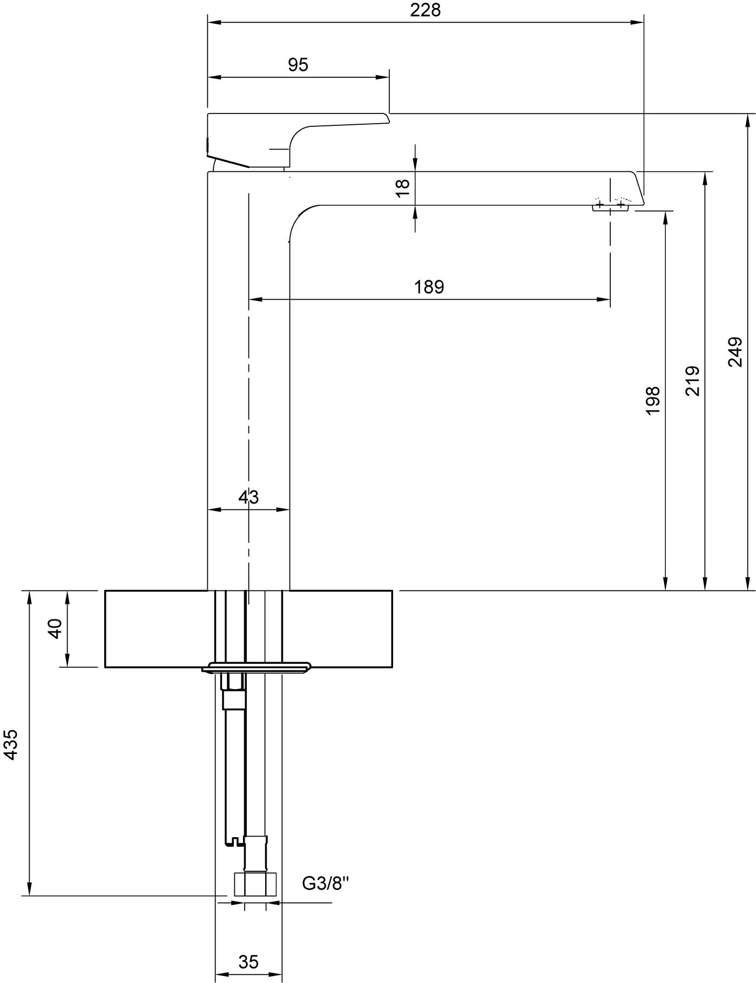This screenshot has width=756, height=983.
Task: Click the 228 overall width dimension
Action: (426, 10)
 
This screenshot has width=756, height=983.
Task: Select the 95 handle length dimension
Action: (298, 65)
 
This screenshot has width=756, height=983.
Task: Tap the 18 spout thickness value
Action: (403, 188)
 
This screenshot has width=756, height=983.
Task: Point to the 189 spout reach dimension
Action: (429, 287)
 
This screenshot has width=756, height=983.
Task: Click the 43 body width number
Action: (248, 497)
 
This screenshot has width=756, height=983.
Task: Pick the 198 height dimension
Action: (653, 400)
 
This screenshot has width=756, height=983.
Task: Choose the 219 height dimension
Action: (693, 381)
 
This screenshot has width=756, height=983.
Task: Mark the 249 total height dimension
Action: (735, 352)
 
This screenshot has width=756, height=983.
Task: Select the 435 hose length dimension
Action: (11, 745)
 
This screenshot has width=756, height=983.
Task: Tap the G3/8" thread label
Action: (326, 884)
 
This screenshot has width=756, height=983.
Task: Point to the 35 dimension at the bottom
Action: (248, 962)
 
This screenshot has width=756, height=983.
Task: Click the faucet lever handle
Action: (297, 140)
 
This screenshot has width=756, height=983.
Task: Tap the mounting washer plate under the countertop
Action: (257, 667)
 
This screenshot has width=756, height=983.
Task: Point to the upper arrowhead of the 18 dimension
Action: (415, 165)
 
